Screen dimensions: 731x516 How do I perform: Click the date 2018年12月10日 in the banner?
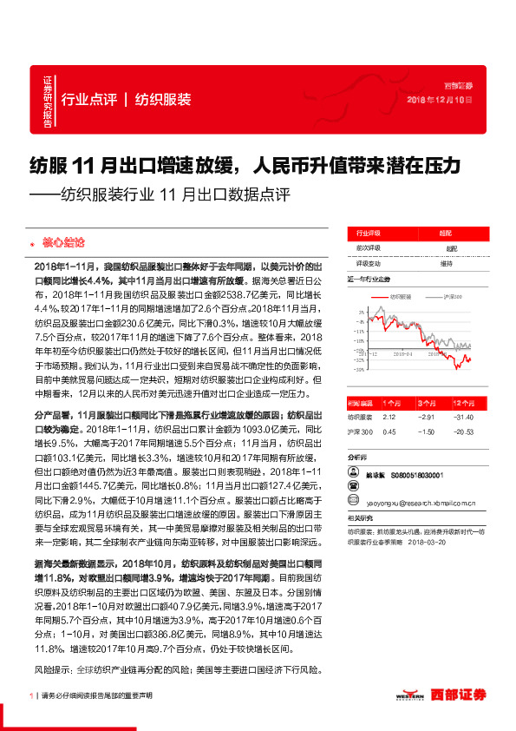(x=440, y=101)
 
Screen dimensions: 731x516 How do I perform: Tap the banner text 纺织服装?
(x=163, y=99)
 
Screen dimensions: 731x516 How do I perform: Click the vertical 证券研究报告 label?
(x=48, y=103)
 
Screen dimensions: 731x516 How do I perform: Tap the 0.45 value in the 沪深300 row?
(x=389, y=431)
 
